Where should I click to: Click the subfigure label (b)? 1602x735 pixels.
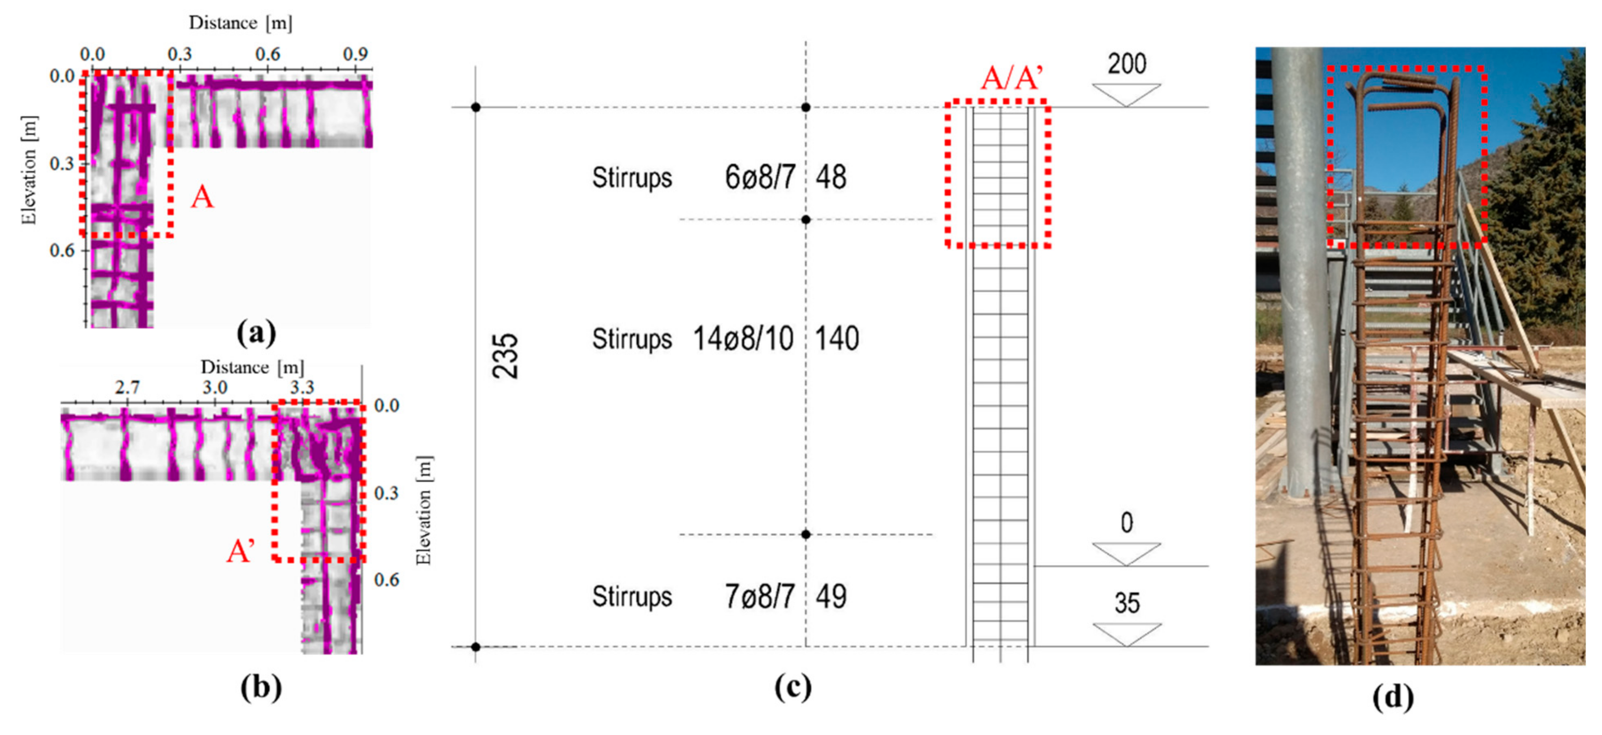(261, 687)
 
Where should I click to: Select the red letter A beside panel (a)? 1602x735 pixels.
(202, 198)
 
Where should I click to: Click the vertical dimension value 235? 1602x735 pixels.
(505, 356)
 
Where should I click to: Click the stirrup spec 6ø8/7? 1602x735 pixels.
(760, 177)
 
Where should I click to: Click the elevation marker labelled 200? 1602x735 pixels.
(1126, 64)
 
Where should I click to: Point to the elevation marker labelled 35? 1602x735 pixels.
(1126, 603)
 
